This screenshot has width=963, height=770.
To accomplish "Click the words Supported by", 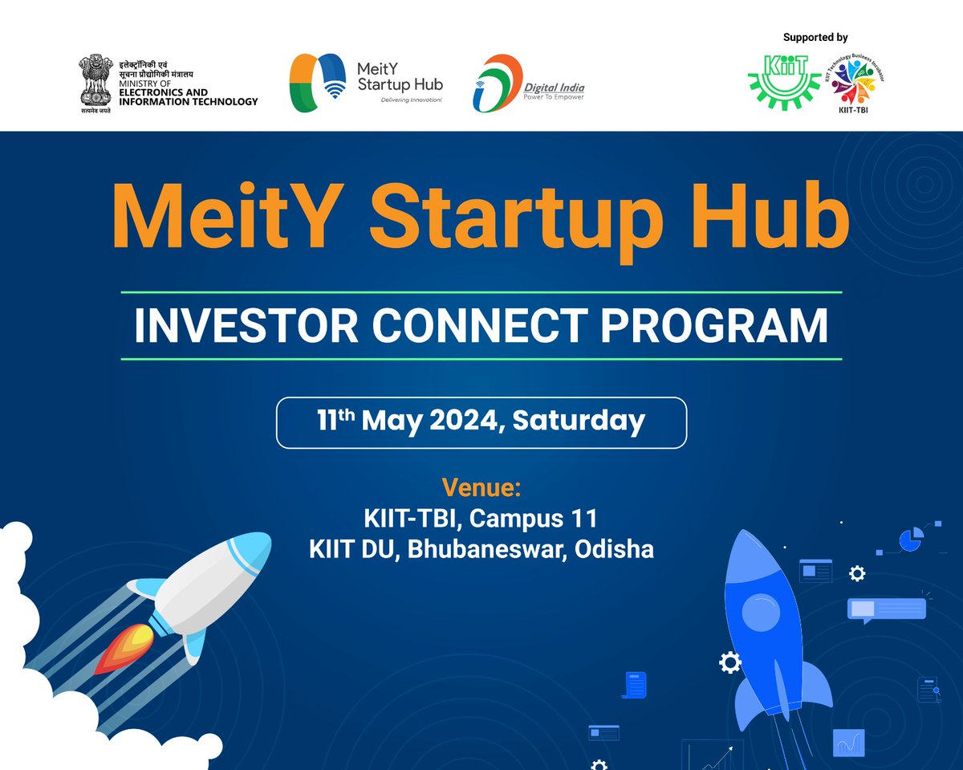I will tap(815, 37).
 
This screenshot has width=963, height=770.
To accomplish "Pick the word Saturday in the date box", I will tap(579, 421).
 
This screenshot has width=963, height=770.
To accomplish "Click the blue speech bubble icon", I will tap(886, 609).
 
